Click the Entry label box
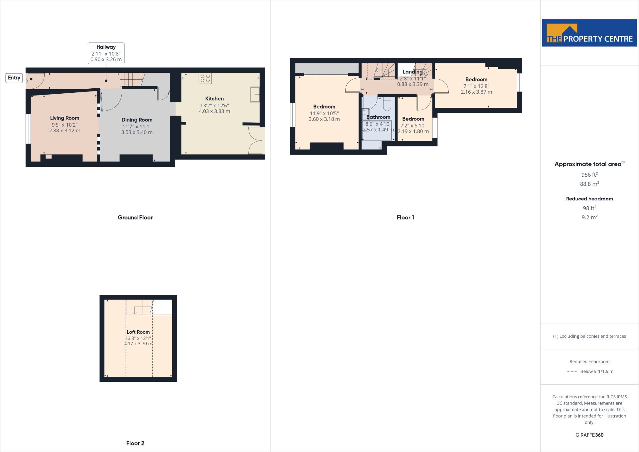(x=14, y=78)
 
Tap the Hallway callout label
(x=106, y=53)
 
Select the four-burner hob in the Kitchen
(x=205, y=78)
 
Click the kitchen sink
(x=255, y=94)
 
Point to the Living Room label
(x=65, y=118)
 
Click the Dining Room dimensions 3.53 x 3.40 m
(x=137, y=132)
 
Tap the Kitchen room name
(x=214, y=99)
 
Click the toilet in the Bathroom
(x=387, y=104)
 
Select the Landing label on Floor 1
(x=412, y=72)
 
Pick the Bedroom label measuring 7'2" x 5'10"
(x=413, y=119)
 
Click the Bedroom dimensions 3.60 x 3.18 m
(x=324, y=119)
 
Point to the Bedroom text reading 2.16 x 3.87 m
(x=476, y=92)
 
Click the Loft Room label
(x=138, y=332)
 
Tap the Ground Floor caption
(x=135, y=218)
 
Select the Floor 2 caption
(x=135, y=443)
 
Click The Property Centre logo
(x=589, y=33)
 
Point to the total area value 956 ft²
(x=589, y=174)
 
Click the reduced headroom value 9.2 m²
(x=589, y=217)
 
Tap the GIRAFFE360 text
(x=589, y=435)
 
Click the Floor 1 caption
(x=405, y=218)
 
